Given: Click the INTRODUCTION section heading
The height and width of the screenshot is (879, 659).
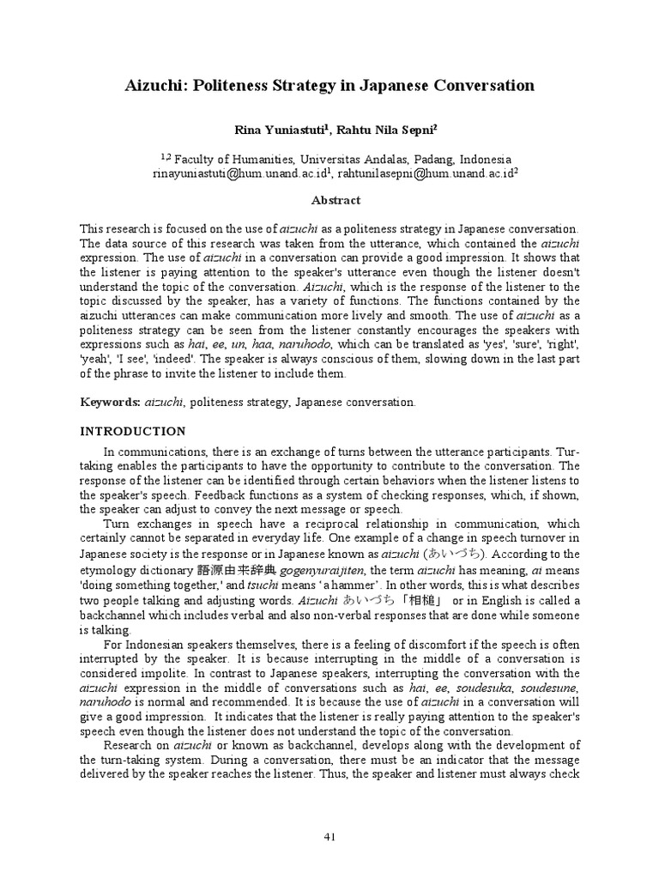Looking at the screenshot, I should [132, 431].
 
